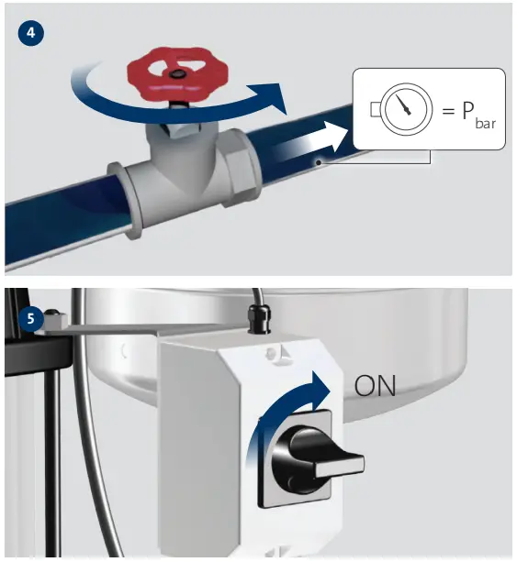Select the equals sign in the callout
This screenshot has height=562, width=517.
pos(448,111)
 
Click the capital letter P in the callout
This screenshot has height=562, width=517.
pos(467,110)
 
